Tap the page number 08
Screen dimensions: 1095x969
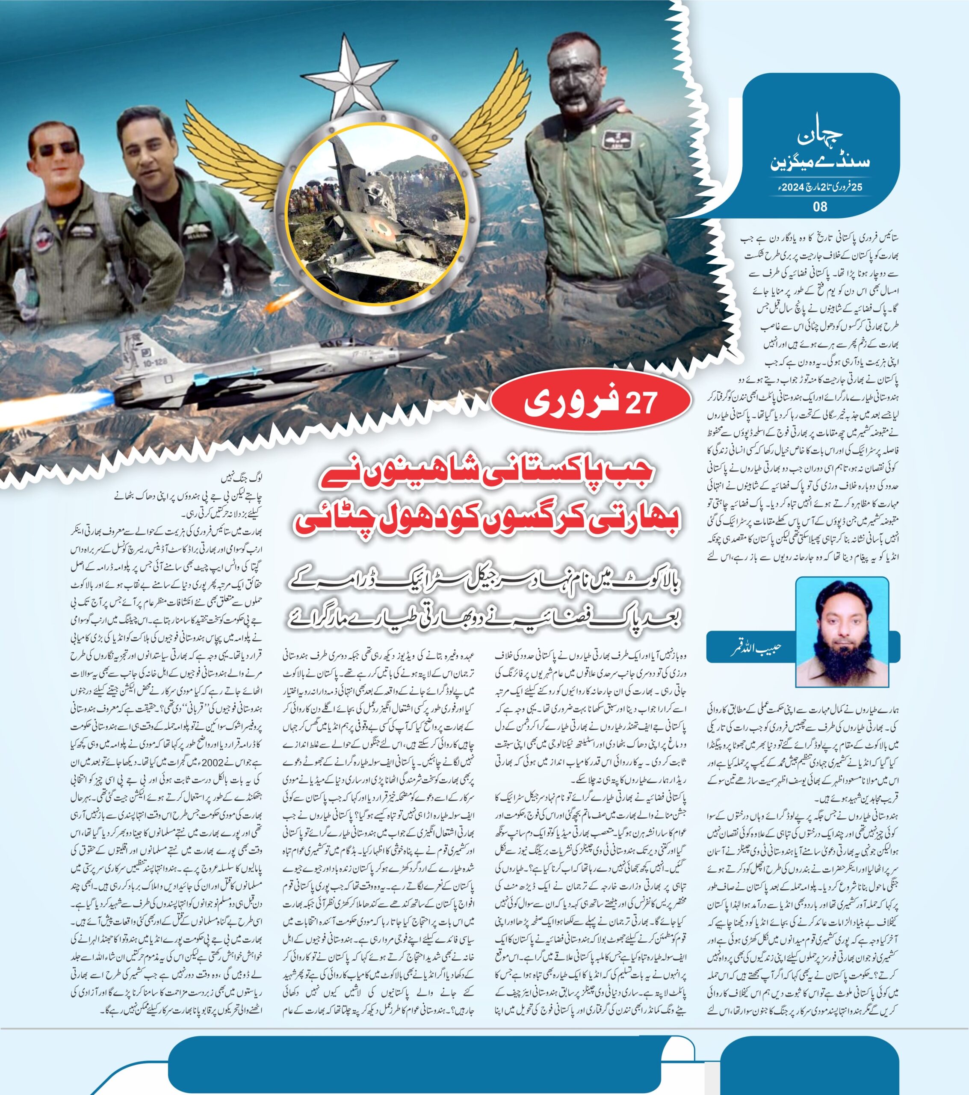tap(820, 206)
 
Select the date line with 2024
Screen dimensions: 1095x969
tap(820, 187)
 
